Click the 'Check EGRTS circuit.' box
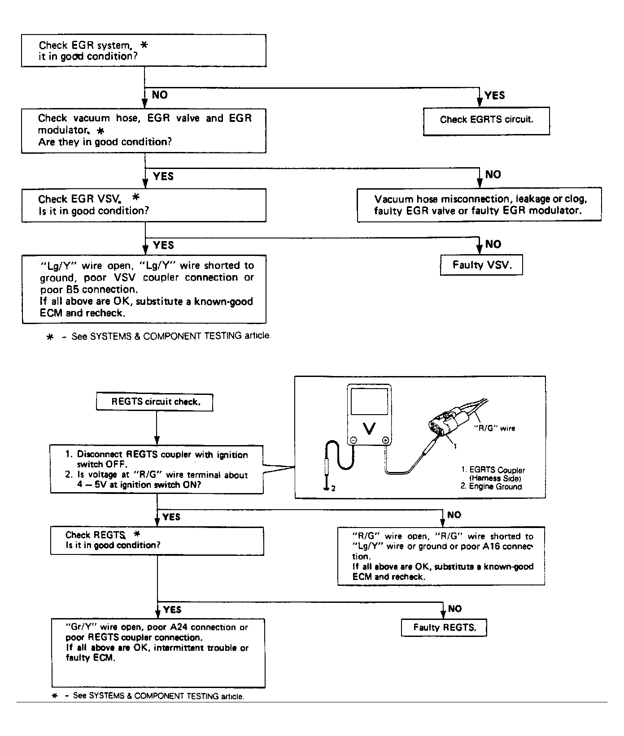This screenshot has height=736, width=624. tap(486, 120)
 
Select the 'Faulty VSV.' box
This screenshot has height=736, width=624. tap(481, 265)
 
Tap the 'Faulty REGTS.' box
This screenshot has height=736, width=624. tap(444, 628)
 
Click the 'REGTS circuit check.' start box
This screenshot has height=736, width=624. tap(155, 402)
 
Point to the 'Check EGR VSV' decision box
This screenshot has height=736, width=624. tap(144, 205)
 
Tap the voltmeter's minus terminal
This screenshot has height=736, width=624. tap(353, 441)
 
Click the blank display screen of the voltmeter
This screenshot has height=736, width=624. tap(369, 402)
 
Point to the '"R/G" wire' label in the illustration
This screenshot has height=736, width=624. tap(495, 429)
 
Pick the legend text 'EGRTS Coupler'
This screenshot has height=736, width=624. tap(497, 470)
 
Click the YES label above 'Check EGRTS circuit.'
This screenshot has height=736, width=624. tap(495, 95)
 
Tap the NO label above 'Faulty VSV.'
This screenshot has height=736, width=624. tap(493, 244)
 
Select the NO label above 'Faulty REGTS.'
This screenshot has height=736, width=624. tap(454, 609)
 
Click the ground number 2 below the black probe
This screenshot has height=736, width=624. tap(333, 489)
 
